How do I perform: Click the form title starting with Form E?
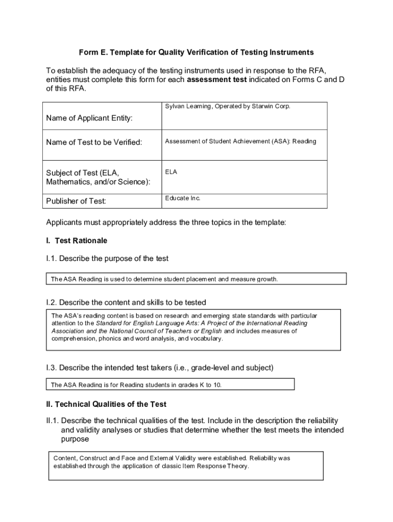click(x=196, y=53)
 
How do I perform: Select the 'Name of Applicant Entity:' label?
click(x=89, y=118)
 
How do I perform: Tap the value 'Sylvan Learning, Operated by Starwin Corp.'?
click(x=227, y=107)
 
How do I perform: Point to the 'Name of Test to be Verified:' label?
click(x=94, y=142)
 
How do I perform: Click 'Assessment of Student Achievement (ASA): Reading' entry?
click(x=240, y=141)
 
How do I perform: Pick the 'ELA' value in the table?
click(x=171, y=172)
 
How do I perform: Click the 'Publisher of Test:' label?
click(x=76, y=201)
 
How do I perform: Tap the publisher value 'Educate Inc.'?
click(x=183, y=198)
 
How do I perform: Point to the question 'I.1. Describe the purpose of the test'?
click(x=107, y=258)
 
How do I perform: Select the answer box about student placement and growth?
click(x=196, y=279)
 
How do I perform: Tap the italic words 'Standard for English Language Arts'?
click(x=148, y=323)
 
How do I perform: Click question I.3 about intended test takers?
click(x=160, y=368)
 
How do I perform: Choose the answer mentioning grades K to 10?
click(x=170, y=384)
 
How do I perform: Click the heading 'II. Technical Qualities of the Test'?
click(x=106, y=404)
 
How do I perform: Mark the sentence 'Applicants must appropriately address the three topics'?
click(x=166, y=223)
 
